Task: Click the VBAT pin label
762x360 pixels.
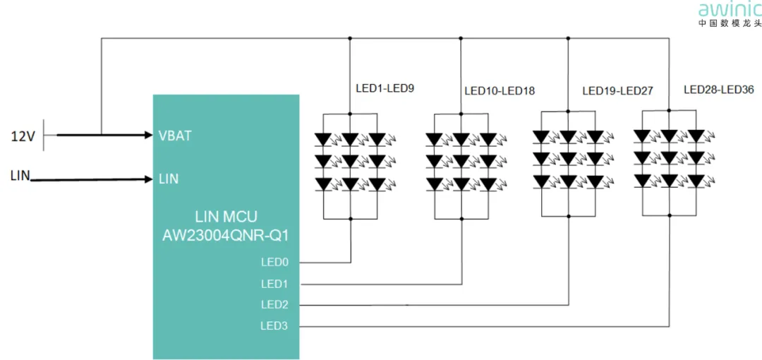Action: [175, 136]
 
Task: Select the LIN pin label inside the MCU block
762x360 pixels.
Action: [169, 179]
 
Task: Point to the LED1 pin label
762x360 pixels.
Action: [274, 284]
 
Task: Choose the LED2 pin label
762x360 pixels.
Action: [274, 305]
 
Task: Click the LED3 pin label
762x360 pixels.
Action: [274, 326]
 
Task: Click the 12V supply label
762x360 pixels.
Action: [22, 136]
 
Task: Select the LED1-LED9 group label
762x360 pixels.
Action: [385, 89]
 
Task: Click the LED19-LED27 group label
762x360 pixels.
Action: [617, 91]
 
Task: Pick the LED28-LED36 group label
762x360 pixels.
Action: [719, 90]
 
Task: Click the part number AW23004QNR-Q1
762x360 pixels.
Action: [225, 234]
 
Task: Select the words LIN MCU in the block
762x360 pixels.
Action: [226, 215]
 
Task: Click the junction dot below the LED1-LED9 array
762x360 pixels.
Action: [351, 219]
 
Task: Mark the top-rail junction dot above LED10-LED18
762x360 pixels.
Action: [461, 38]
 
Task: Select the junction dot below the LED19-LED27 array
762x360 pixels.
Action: [569, 215]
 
